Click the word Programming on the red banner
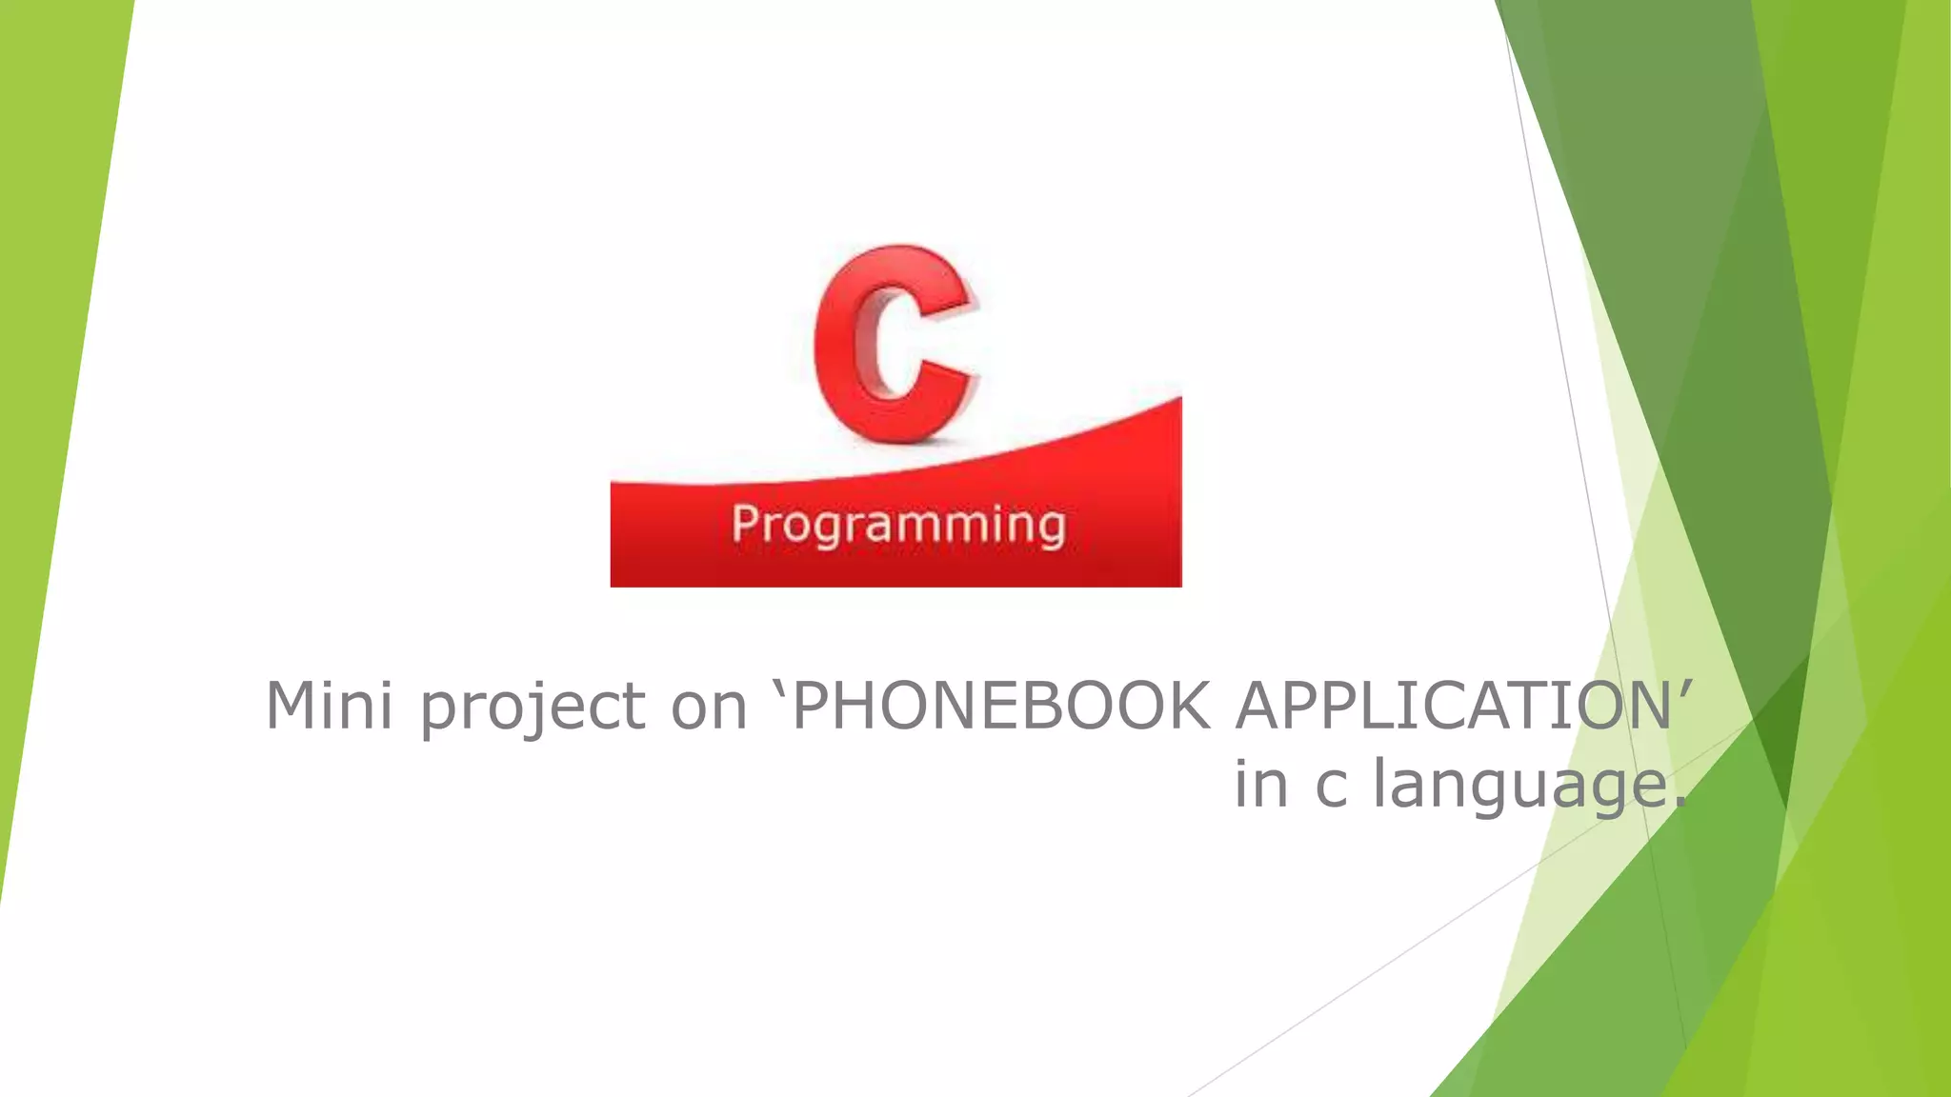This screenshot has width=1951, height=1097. [897, 526]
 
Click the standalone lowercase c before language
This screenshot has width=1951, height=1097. [1331, 787]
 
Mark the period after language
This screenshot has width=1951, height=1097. [1679, 801]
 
